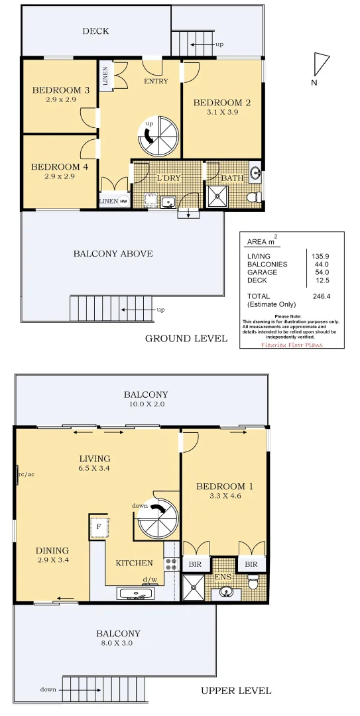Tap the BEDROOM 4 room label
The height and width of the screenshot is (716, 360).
60,167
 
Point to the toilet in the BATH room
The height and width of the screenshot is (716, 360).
253,197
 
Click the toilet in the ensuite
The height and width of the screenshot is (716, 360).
253,581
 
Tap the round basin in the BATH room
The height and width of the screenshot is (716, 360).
257,173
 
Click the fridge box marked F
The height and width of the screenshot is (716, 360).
98,527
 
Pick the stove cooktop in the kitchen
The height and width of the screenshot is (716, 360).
171,564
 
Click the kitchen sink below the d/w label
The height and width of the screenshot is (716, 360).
137,593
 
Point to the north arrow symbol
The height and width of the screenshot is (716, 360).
321,64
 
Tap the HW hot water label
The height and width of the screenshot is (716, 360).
123,201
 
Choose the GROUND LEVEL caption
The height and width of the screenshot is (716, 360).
186,339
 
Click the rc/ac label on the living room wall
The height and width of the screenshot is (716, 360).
26,473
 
